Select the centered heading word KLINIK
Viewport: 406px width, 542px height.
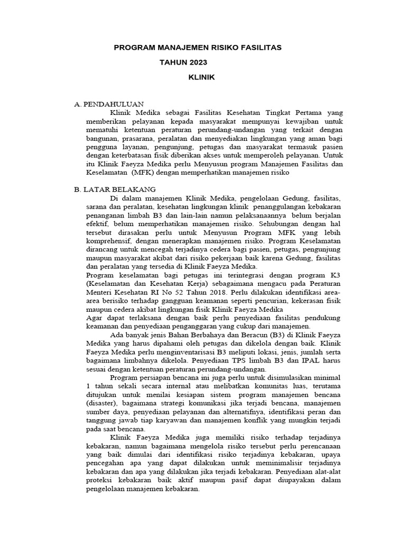[x=202, y=77]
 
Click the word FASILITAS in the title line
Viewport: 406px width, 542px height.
[x=258, y=48]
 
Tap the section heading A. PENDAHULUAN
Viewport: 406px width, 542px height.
[x=109, y=104]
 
